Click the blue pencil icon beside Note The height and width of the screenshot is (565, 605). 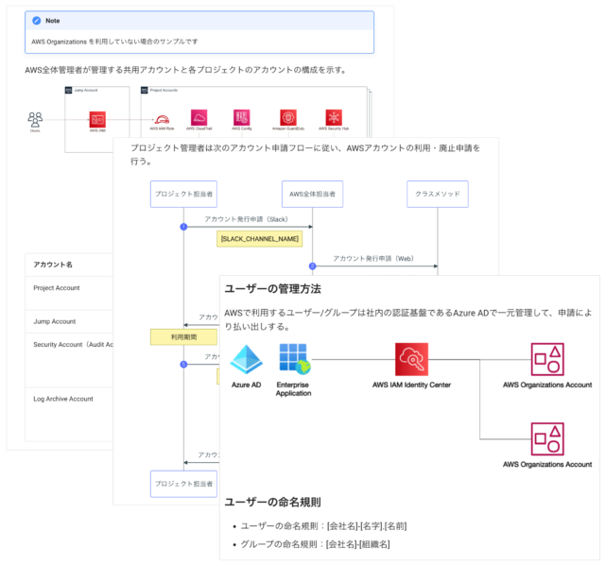pos(35,19)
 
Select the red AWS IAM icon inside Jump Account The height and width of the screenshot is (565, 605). pos(96,119)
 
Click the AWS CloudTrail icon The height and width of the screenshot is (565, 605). pos(199,117)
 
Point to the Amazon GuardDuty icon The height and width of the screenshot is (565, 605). pos(287,117)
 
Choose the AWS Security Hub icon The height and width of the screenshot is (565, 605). pos(334,117)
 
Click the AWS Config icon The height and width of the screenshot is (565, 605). pos(242,117)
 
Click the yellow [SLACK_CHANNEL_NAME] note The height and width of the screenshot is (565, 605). pos(258,239)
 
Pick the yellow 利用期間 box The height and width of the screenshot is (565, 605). pos(183,335)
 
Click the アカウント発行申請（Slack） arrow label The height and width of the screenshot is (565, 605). pos(246,218)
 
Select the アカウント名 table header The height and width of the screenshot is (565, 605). pos(53,265)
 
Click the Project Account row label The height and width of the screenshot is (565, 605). pos(56,288)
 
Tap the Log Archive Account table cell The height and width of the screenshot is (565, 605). pos(62,399)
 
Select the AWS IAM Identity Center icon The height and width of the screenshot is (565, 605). pos(411,359)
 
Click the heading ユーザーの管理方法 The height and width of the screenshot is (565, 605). pos(271,289)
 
